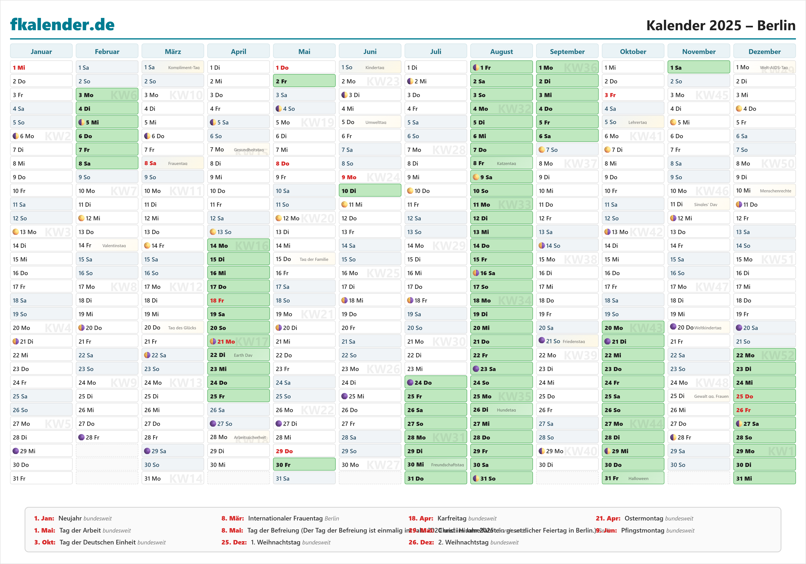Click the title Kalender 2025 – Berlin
click(721, 25)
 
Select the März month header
click(173, 52)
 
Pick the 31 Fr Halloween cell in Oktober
click(633, 478)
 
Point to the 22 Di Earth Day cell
click(238, 355)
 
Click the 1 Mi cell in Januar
click(41, 67)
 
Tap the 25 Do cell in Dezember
click(764, 396)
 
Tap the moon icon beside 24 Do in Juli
click(410, 383)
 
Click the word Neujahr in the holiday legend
click(70, 518)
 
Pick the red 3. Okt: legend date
click(45, 542)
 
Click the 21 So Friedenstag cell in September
click(567, 341)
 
